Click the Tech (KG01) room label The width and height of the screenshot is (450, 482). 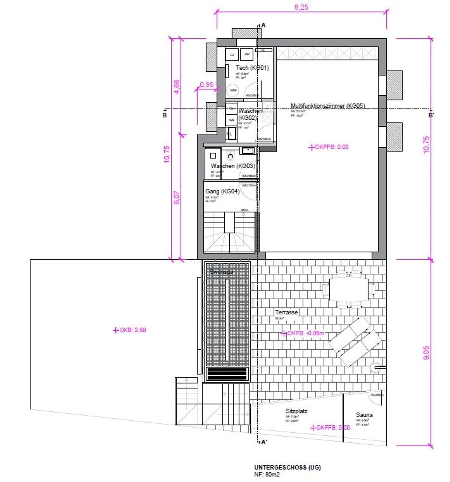click(x=252, y=68)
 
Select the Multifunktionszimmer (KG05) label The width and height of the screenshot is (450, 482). click(x=327, y=106)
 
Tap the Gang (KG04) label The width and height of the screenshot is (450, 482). click(x=222, y=191)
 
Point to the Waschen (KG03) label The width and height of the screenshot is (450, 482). click(x=233, y=166)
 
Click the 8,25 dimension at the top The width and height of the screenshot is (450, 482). click(x=301, y=7)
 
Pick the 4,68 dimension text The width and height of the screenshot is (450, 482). click(x=177, y=87)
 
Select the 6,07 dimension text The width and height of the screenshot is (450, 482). click(x=177, y=197)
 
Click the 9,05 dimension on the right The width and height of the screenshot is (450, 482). click(x=426, y=353)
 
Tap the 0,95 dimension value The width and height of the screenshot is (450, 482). click(x=207, y=84)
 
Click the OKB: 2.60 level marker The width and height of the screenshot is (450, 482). click(x=130, y=330)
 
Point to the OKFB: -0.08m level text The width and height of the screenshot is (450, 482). click(x=305, y=333)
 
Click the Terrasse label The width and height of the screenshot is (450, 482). click(x=286, y=312)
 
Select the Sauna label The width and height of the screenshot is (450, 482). click(x=364, y=415)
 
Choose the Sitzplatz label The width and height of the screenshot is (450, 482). click(x=296, y=411)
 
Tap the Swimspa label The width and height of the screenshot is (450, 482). click(x=221, y=272)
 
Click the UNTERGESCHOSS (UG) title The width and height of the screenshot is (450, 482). click(x=287, y=467)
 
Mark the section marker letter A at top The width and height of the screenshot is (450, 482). click(x=263, y=25)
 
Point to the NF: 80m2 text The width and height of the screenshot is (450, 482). click(x=267, y=474)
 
